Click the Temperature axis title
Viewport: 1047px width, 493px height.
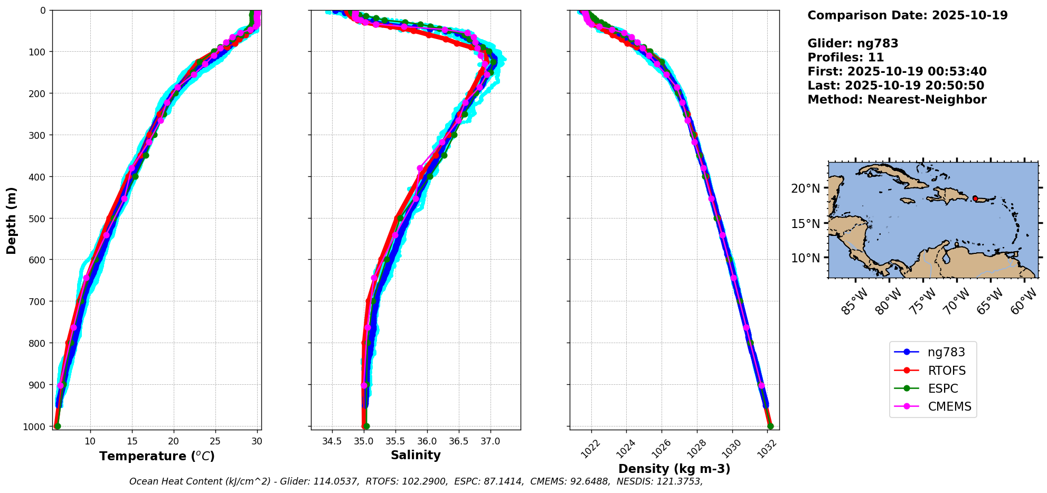point(157,456)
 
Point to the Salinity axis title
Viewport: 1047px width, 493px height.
point(416,455)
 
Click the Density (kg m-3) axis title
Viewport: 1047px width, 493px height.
point(674,469)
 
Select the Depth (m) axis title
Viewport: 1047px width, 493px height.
point(12,220)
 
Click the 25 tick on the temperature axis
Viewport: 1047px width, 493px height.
point(215,441)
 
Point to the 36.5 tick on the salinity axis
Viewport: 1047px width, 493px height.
point(458,441)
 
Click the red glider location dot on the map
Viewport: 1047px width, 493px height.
point(975,198)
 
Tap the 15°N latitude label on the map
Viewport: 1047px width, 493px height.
point(805,223)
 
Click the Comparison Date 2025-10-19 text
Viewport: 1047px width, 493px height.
point(907,15)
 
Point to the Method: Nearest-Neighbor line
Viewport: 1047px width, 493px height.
point(897,100)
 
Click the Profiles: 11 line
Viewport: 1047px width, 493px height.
point(845,58)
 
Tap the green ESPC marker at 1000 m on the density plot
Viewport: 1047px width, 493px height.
point(770,426)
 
